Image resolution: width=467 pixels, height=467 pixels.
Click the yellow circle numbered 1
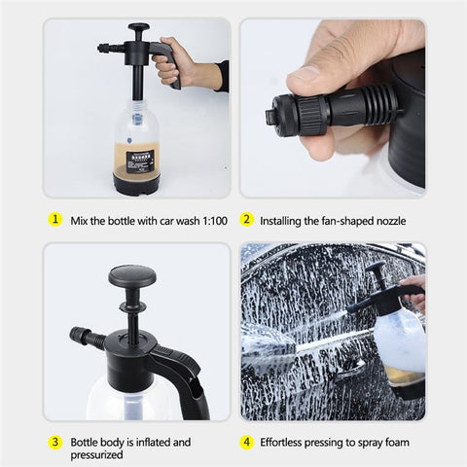coord(55,220)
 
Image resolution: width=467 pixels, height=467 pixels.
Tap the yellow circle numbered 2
coord(247,220)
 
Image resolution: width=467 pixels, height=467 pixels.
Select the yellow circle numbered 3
coord(55,442)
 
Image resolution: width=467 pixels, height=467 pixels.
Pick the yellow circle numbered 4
coord(247,442)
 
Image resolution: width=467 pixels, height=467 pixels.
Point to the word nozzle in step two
coord(386,220)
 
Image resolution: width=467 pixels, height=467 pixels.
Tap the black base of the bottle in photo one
coord(137,184)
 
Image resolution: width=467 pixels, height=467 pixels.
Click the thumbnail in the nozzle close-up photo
coord(308,72)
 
